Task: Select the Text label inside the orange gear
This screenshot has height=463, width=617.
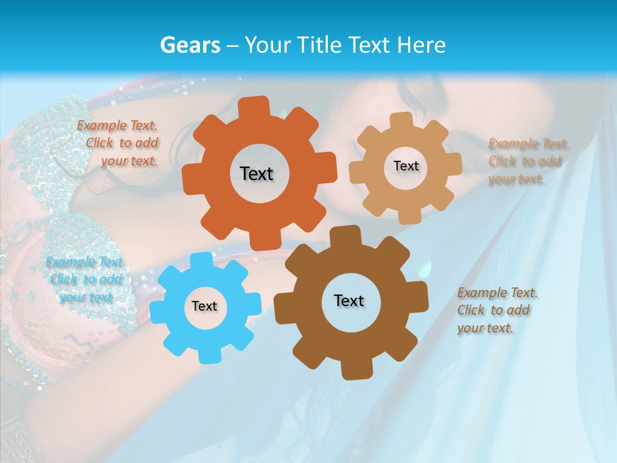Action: pos(257,174)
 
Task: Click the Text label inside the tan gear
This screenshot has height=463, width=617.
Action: pos(406,166)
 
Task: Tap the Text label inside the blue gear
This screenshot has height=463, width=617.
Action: pos(204,306)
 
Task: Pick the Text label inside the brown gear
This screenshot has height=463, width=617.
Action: pos(349,300)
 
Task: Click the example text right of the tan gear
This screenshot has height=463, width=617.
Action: pos(527,161)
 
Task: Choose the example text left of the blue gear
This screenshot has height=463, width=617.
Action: pos(85,280)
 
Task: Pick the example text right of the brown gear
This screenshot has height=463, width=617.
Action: pos(496,310)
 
